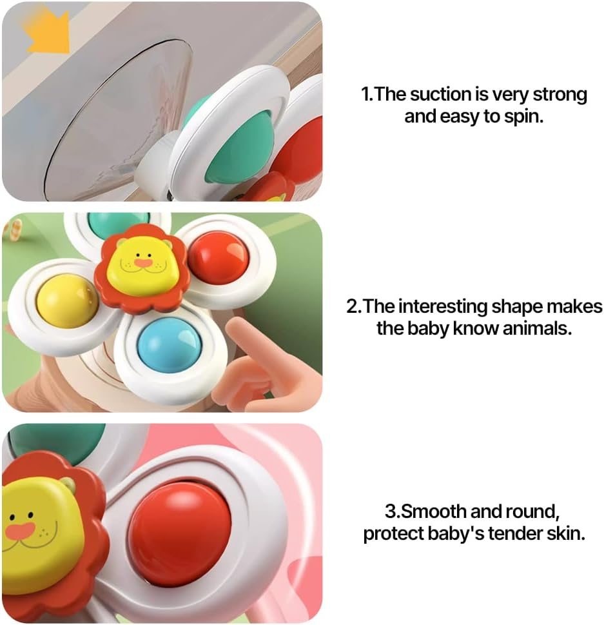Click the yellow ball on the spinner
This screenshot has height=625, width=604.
click(x=66, y=300)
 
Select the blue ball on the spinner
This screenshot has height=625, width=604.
click(x=170, y=344)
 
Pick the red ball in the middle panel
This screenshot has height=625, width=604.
click(x=218, y=258)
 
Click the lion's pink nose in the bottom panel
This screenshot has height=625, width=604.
click(x=21, y=531)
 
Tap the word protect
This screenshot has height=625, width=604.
click(x=396, y=534)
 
